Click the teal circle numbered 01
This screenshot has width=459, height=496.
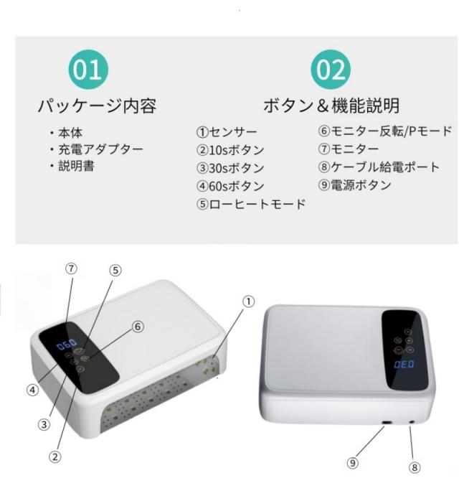tap(88, 70)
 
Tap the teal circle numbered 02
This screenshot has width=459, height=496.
tap(331, 70)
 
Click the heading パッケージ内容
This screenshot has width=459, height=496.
tap(97, 106)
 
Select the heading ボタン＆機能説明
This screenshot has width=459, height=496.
tap(331, 106)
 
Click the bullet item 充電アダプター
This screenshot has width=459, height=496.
tap(97, 149)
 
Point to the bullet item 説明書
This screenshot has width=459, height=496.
tap(72, 166)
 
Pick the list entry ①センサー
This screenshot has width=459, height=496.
tap(227, 132)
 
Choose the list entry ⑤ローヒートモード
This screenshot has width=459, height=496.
tap(251, 204)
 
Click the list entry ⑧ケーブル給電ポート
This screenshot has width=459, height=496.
tap(379, 167)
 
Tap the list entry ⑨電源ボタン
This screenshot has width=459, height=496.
tap(355, 184)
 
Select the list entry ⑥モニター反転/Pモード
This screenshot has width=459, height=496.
tap(385, 131)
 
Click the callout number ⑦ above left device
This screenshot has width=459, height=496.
tap(72, 268)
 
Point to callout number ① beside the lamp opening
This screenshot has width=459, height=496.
tap(248, 301)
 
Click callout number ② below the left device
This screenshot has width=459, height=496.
tap(55, 457)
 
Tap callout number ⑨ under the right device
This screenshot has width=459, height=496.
tap(352, 463)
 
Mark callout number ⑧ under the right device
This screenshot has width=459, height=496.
tap(415, 467)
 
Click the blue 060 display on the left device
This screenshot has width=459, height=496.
tap(67, 345)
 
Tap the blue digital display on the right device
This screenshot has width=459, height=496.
tap(404, 365)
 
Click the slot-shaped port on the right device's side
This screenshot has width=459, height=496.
tap(387, 423)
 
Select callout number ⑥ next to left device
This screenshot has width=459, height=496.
tap(138, 327)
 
